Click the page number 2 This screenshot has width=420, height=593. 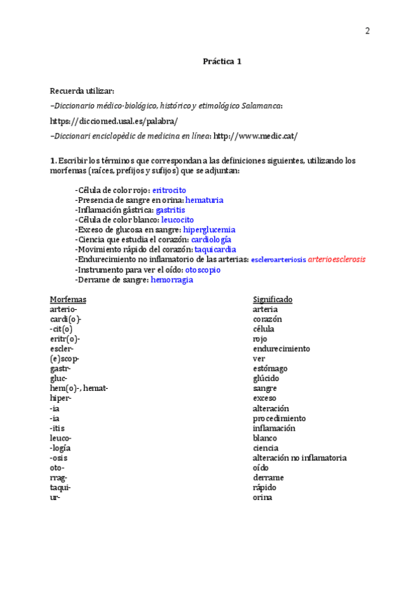[x=367, y=31]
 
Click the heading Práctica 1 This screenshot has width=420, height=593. [x=222, y=61]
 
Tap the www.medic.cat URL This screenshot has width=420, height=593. [x=255, y=136]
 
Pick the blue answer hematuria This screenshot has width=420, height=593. [x=204, y=199]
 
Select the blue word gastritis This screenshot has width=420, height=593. [x=170, y=209]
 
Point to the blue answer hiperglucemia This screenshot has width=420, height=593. [x=209, y=229]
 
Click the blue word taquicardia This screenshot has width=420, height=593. [x=215, y=249]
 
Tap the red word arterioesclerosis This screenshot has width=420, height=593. [x=337, y=259]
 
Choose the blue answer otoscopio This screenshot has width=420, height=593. [x=202, y=269]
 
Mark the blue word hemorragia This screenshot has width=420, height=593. [x=171, y=279]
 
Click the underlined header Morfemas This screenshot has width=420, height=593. [x=68, y=299]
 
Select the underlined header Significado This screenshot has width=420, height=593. [x=272, y=299]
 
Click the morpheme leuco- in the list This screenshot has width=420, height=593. [x=61, y=438]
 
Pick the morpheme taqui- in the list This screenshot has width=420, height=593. [x=60, y=487]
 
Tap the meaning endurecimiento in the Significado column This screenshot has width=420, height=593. [x=281, y=348]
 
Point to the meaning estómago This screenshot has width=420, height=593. [x=269, y=369]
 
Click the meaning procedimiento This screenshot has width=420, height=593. [x=279, y=418]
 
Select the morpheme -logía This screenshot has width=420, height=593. [x=61, y=448]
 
